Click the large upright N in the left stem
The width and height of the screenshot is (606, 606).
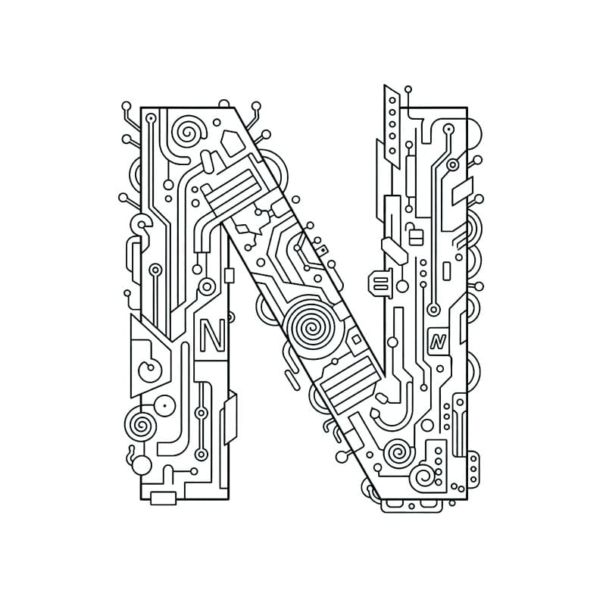tap(213, 336)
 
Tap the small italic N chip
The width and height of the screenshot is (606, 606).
tap(438, 341)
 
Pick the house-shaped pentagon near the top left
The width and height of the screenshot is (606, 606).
tap(233, 142)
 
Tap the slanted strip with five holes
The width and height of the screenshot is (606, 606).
tap(392, 127)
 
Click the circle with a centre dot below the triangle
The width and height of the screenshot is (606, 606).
tap(164, 406)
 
